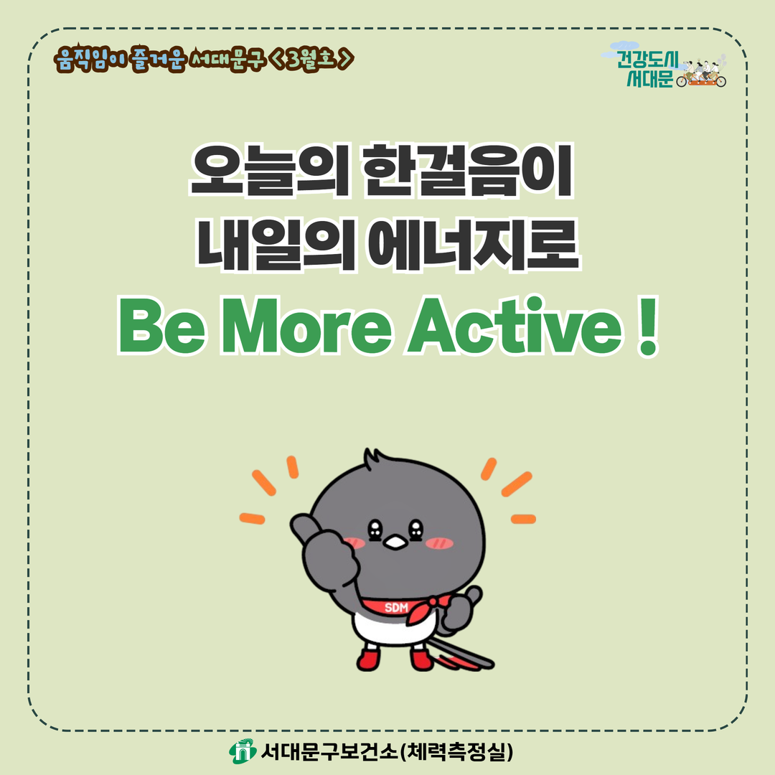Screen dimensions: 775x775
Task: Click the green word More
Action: coord(307,327)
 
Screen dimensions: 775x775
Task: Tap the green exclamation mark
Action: coord(647,327)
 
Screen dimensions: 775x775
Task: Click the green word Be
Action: coord(161,327)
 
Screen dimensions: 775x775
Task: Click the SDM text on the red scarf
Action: coord(396,608)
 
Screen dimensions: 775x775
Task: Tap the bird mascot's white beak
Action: coord(395,542)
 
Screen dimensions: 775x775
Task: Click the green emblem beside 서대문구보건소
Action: coord(243,751)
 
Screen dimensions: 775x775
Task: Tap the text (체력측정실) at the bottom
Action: coord(456,752)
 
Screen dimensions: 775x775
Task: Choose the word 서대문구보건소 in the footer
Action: coord(329,752)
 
